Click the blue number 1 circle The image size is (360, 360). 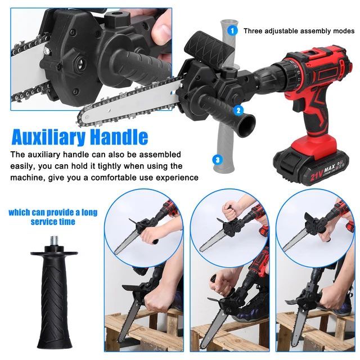click(232, 30)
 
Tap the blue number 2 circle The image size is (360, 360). click(238, 111)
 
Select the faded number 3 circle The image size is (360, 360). click(217, 160)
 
